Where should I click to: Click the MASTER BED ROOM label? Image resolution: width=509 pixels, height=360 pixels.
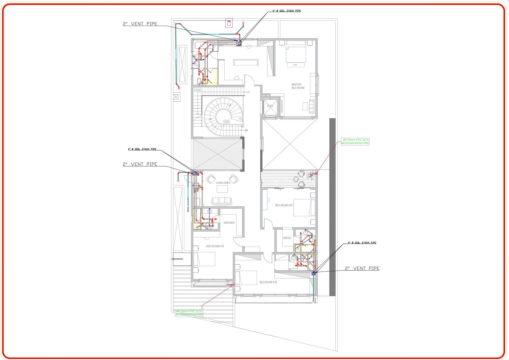pos(298,86)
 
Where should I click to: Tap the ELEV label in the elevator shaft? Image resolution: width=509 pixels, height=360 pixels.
pos(270,106)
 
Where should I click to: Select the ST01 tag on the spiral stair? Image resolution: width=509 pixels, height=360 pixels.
pos(227,122)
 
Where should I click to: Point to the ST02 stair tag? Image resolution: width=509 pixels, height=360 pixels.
pos(198,90)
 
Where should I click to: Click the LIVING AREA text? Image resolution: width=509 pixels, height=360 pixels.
pos(223,183)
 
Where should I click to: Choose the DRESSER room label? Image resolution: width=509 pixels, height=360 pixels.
pos(229,223)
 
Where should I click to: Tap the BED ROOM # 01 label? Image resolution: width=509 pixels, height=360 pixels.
pos(284,205)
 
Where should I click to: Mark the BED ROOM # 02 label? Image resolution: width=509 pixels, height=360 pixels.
pos(268,282)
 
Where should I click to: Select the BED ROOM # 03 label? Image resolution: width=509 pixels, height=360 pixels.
pos(215,246)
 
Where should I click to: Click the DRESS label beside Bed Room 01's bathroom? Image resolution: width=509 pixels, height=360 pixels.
pos(287,238)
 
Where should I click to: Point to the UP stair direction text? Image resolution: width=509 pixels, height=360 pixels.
pos(248,92)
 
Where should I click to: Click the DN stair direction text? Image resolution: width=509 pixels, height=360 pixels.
pos(246,130)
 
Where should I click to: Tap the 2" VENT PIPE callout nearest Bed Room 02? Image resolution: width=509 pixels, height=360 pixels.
pos(362,268)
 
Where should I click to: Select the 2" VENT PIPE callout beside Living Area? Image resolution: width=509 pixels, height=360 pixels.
pos(140,164)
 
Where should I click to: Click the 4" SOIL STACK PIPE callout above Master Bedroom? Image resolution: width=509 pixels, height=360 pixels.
pos(286,11)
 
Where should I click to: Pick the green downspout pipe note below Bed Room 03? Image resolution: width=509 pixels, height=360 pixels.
pos(189,313)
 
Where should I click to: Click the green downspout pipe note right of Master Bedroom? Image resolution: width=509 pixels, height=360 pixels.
pos(355,141)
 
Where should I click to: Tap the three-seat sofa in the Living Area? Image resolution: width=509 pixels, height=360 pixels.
pos(222,201)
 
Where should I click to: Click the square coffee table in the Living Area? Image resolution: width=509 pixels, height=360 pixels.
pos(222,189)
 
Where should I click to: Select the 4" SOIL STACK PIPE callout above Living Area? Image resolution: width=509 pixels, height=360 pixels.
pos(142,149)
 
